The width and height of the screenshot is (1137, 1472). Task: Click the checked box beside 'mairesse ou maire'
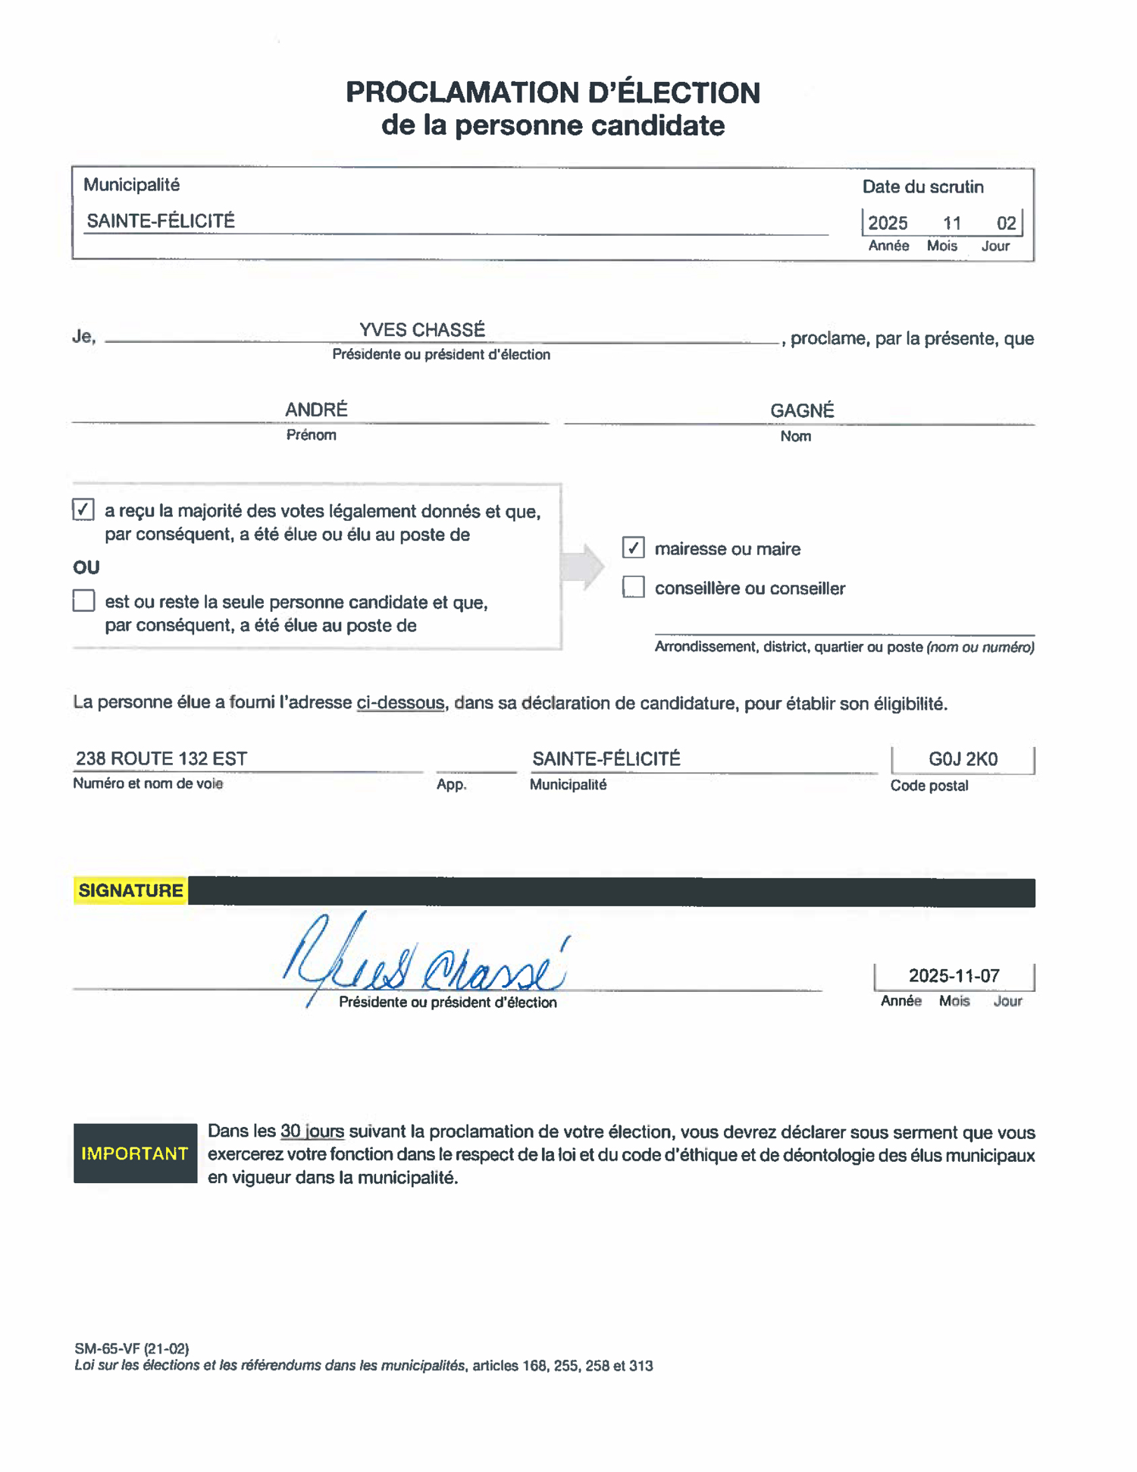point(633,547)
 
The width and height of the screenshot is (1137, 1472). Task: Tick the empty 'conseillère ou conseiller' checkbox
point(633,587)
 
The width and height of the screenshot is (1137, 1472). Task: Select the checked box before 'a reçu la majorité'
point(83,509)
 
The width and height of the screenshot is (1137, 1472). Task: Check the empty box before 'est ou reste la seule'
point(83,601)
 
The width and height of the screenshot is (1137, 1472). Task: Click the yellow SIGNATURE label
point(130,890)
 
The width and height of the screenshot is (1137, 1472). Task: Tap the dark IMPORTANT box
point(135,1153)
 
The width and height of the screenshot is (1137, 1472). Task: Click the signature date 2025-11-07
point(954,975)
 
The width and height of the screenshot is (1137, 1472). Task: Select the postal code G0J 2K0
point(963,759)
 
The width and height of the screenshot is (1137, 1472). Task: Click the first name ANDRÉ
point(316,410)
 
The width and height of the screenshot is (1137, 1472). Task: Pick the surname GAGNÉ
point(802,410)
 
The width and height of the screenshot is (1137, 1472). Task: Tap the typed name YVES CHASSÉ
point(422,330)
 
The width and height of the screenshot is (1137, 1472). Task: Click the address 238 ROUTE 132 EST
point(161,758)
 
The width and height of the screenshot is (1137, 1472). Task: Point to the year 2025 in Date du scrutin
point(888,223)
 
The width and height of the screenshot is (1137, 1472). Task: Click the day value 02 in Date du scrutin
point(1006,223)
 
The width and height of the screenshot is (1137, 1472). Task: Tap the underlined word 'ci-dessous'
point(400,702)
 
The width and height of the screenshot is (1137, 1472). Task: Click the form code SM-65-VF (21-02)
point(132,1348)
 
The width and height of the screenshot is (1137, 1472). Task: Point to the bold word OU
point(86,567)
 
